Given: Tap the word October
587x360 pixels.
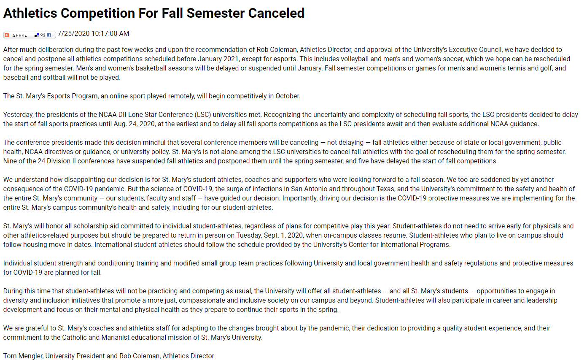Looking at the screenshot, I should click(x=287, y=96).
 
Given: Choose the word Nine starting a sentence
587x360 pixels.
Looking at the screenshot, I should click(x=10, y=161).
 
